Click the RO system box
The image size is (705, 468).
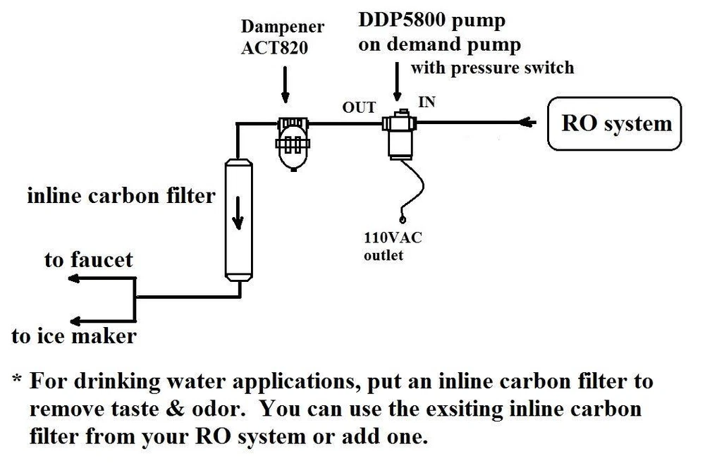615,124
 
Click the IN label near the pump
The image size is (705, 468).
427,102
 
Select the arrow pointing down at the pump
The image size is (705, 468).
398,84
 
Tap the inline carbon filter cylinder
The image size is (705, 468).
237,218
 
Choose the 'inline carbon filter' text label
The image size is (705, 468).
121,195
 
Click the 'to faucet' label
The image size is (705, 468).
88,259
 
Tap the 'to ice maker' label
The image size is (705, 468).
74,335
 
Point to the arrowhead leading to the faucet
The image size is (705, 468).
73,279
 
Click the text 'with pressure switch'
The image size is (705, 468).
492,68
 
